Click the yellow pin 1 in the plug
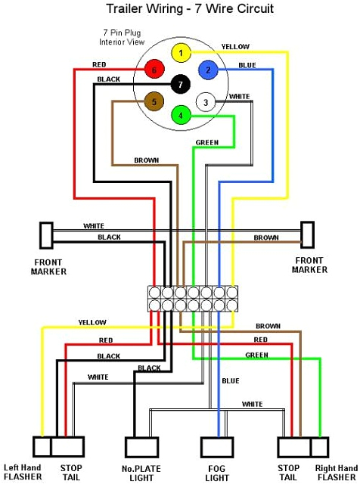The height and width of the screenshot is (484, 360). tap(180, 53)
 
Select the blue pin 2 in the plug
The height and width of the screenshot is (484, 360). tap(206, 70)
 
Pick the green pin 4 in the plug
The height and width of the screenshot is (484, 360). tap(180, 116)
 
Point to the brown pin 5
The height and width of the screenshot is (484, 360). tap(154, 101)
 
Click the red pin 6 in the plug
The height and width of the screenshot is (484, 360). tap(154, 70)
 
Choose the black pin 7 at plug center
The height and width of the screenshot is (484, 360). tap(180, 84)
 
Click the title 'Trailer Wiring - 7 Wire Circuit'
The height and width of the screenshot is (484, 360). tap(179, 9)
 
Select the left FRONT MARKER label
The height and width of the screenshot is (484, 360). tap(49, 266)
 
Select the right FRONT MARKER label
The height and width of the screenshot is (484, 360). tap(309, 265)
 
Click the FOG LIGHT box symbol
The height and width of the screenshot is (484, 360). tap(218, 448)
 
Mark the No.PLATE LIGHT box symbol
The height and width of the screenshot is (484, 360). tap(141, 448)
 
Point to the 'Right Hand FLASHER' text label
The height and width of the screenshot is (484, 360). tap(337, 473)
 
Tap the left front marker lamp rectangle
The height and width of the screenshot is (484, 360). tap(46, 234)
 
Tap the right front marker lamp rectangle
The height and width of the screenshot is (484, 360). tap(307, 234)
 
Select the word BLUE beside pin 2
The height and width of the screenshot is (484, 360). tap(247, 66)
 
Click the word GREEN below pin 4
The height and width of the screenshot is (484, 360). tap(206, 142)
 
